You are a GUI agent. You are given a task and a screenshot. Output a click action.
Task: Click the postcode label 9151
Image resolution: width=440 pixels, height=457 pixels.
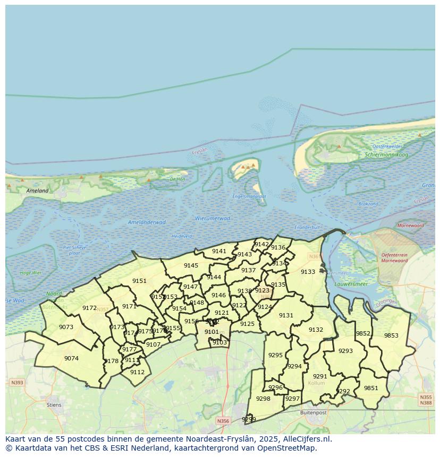[139, 281]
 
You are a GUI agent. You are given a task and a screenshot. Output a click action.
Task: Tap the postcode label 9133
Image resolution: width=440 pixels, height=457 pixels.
[308, 272]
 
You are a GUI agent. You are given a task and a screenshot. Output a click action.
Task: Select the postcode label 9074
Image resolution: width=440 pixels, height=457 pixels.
[71, 358]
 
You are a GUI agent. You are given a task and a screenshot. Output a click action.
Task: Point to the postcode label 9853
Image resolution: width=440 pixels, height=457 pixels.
[391, 335]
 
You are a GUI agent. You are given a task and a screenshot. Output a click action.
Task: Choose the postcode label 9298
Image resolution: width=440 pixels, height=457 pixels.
[263, 399]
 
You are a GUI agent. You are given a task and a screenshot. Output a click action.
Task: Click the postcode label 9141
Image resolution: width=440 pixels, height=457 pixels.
[219, 251]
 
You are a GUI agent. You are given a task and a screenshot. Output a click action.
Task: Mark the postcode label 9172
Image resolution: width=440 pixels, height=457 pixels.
[89, 308]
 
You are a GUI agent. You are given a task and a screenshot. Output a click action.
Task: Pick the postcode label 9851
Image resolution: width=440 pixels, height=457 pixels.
[371, 388]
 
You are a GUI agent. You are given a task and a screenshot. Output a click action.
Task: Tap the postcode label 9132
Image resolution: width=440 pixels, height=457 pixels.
[316, 330]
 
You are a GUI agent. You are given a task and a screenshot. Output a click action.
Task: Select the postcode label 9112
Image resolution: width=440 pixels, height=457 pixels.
[137, 372]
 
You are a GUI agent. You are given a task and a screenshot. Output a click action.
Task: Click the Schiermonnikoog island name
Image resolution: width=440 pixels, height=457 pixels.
[386, 155]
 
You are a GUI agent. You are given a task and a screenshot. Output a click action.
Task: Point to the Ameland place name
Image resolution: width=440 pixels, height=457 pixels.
[37, 191]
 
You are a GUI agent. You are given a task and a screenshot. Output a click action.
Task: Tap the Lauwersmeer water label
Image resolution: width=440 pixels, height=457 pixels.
[348, 284]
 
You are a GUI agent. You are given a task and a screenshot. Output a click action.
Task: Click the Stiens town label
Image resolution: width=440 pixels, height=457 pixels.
[54, 404]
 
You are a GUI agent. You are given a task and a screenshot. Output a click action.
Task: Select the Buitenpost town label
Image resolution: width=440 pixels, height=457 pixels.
[313, 412]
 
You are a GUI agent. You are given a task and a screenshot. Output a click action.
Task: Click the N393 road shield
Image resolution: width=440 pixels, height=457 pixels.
[16, 382]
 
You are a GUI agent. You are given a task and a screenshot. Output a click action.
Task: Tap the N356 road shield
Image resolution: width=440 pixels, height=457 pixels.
[223, 421]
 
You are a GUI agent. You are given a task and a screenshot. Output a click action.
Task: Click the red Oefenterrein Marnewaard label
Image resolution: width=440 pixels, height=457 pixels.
[394, 257]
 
